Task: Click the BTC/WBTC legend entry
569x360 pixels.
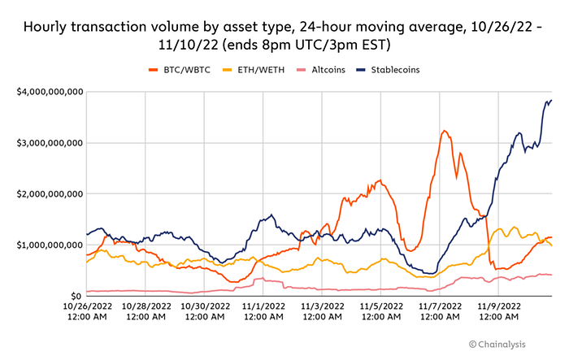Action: point(180,70)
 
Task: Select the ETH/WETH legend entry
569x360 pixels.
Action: point(254,70)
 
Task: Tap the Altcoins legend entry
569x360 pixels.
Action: point(321,70)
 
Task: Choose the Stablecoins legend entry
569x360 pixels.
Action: point(388,70)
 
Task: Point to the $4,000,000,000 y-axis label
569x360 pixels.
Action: point(50,92)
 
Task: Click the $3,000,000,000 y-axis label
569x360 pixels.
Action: point(50,143)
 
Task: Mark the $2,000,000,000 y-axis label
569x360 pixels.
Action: point(50,193)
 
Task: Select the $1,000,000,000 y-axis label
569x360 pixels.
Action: point(50,245)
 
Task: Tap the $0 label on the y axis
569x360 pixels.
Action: point(76,296)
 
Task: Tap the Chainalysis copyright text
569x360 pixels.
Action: point(497,344)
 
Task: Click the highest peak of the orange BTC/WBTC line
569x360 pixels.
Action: point(445,131)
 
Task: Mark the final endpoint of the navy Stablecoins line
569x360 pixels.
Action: point(552,100)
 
